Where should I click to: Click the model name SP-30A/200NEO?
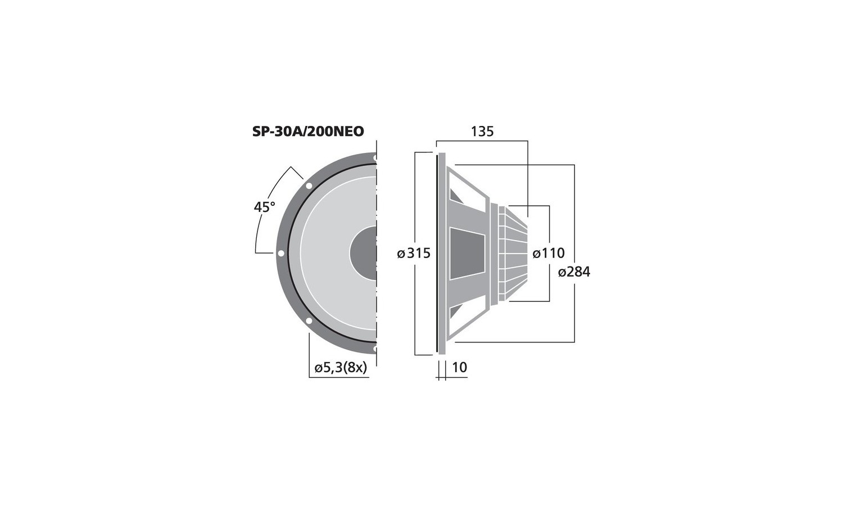tap(308, 132)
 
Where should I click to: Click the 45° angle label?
tap(265, 207)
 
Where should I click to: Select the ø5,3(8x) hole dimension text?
tap(340, 368)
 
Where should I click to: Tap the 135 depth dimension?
tap(482, 132)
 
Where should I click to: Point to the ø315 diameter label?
tap(414, 254)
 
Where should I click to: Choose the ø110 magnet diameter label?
tap(549, 254)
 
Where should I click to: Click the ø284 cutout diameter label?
tap(574, 272)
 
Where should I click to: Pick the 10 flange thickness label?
tap(460, 367)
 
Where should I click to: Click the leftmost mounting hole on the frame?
tap(281, 254)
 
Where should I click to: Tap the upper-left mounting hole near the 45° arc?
tap(309, 186)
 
